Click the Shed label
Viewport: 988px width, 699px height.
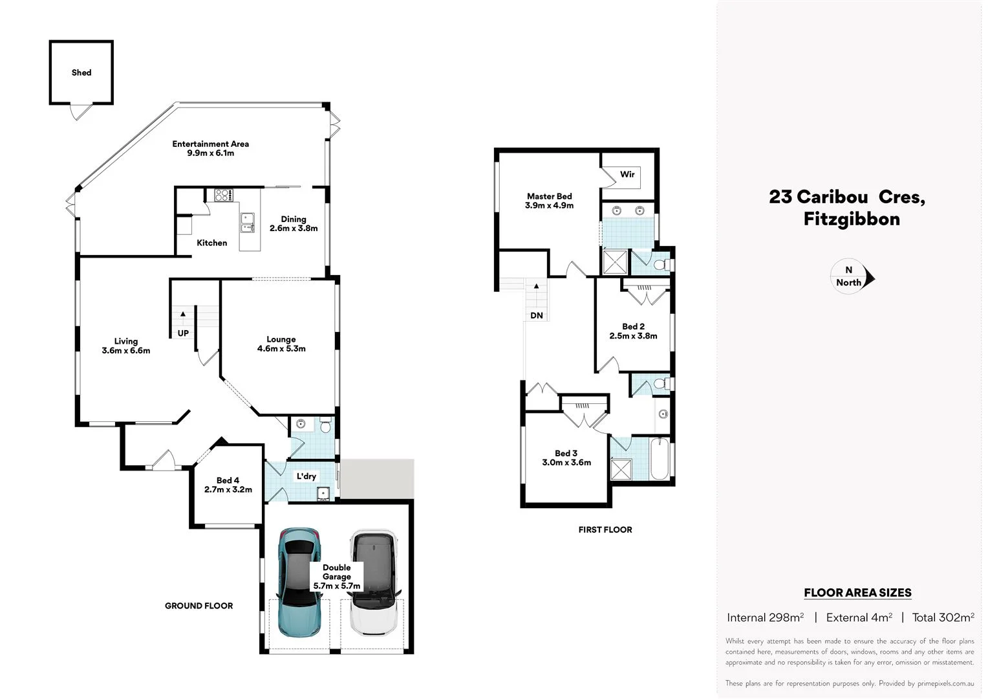[81, 72]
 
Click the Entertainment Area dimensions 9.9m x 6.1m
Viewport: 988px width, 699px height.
[211, 153]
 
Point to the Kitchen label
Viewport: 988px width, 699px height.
[212, 243]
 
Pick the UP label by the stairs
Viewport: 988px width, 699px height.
[183, 333]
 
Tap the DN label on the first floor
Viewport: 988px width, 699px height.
[537, 316]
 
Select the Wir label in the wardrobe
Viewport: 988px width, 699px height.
[627, 174]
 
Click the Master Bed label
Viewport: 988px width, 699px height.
[549, 196]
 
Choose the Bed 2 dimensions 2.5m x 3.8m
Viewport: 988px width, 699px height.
[633, 336]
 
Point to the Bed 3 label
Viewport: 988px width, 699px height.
[566, 453]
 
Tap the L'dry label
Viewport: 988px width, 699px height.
[306, 476]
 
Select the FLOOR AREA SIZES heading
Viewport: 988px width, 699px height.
[857, 592]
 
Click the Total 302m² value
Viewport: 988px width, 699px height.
[943, 617]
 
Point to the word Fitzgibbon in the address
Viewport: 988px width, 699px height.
[852, 219]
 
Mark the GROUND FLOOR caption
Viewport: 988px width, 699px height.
[199, 606]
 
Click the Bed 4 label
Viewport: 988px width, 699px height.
[228, 480]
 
